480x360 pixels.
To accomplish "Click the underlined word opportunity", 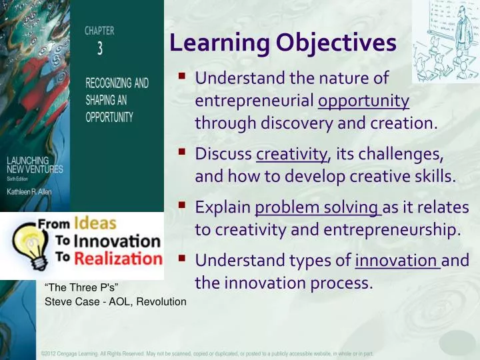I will (x=364, y=101).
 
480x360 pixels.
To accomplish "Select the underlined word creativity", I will (x=292, y=154).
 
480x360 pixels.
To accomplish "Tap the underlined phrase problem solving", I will (x=317, y=207).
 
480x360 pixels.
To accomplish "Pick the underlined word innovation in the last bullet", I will (x=397, y=259).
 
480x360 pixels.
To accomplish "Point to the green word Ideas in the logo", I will (x=95, y=223).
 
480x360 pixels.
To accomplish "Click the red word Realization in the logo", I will (x=118, y=259).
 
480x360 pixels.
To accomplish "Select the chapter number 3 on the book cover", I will (x=100, y=48).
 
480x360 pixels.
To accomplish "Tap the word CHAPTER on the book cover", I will (x=99, y=31).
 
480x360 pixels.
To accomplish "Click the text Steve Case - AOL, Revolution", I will (x=115, y=302).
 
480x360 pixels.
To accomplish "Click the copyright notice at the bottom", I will (x=207, y=353).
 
